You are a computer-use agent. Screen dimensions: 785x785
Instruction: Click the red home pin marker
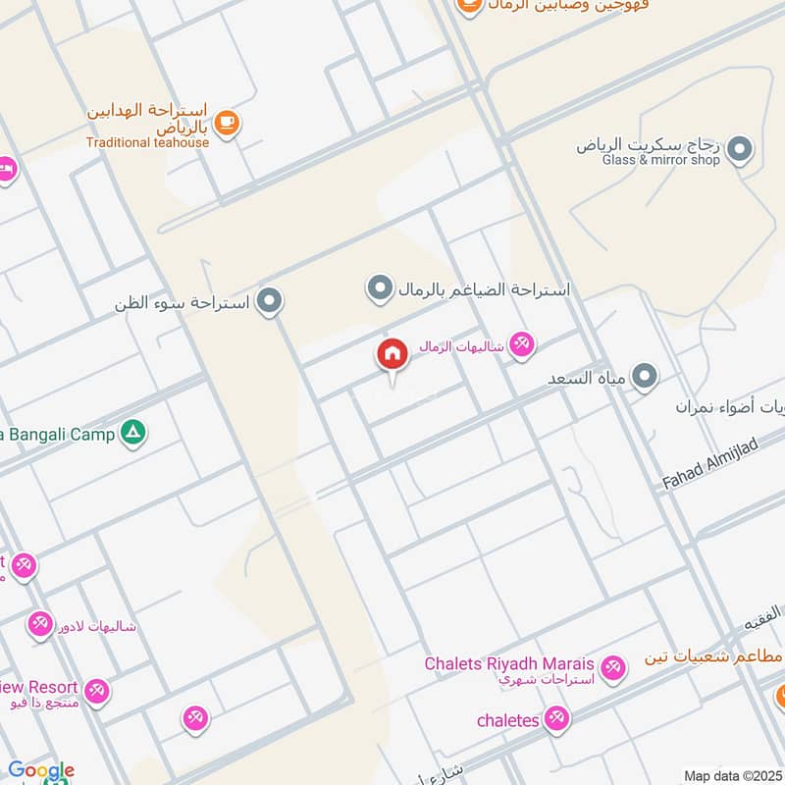tap(392, 354)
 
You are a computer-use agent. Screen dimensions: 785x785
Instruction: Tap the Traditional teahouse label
tap(147, 142)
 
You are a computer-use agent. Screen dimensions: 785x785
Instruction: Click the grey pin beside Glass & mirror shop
tap(741, 150)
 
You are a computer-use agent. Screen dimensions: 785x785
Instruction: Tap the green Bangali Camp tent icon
tap(133, 433)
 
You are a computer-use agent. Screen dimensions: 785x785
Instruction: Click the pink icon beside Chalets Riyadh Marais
tap(613, 668)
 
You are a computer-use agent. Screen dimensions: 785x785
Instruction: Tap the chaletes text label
tap(507, 720)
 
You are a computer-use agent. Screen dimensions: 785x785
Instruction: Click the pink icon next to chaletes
tap(557, 718)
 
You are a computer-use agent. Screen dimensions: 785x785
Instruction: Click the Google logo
tap(41, 771)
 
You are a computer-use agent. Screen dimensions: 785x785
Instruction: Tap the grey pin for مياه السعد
tap(645, 376)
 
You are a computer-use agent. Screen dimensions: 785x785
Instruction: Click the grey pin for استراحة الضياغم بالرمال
tap(379, 288)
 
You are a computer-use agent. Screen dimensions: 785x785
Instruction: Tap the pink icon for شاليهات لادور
tap(40, 624)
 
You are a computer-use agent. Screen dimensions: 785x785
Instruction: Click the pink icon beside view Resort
tap(95, 692)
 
